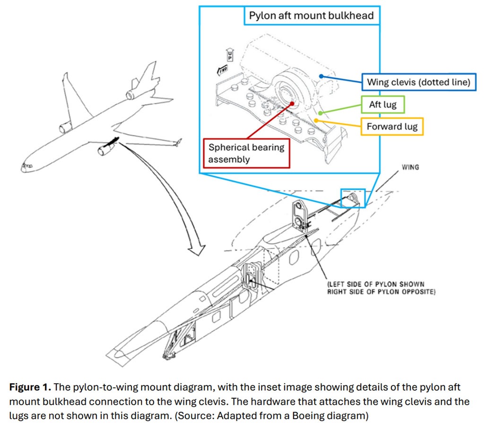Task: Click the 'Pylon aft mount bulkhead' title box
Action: tap(311, 16)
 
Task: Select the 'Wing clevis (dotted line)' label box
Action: tap(419, 82)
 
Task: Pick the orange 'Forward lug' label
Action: tap(392, 126)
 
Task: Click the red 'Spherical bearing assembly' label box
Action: tap(246, 153)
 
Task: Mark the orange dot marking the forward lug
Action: tap(316, 121)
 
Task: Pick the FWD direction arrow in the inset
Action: tap(223, 71)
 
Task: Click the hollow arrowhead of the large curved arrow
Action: tap(198, 246)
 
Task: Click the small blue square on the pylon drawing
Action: tap(353, 198)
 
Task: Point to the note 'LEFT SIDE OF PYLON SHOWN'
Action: tap(376, 285)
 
